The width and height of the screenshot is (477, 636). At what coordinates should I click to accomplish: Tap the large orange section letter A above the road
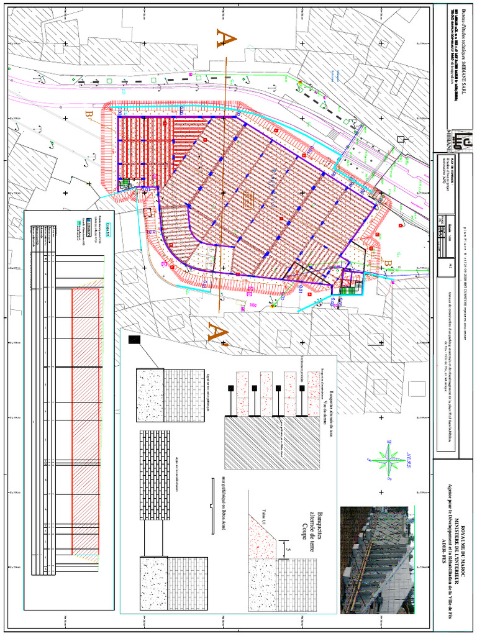click(227, 39)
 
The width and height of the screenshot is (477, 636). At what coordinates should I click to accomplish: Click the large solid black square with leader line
click(134, 340)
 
